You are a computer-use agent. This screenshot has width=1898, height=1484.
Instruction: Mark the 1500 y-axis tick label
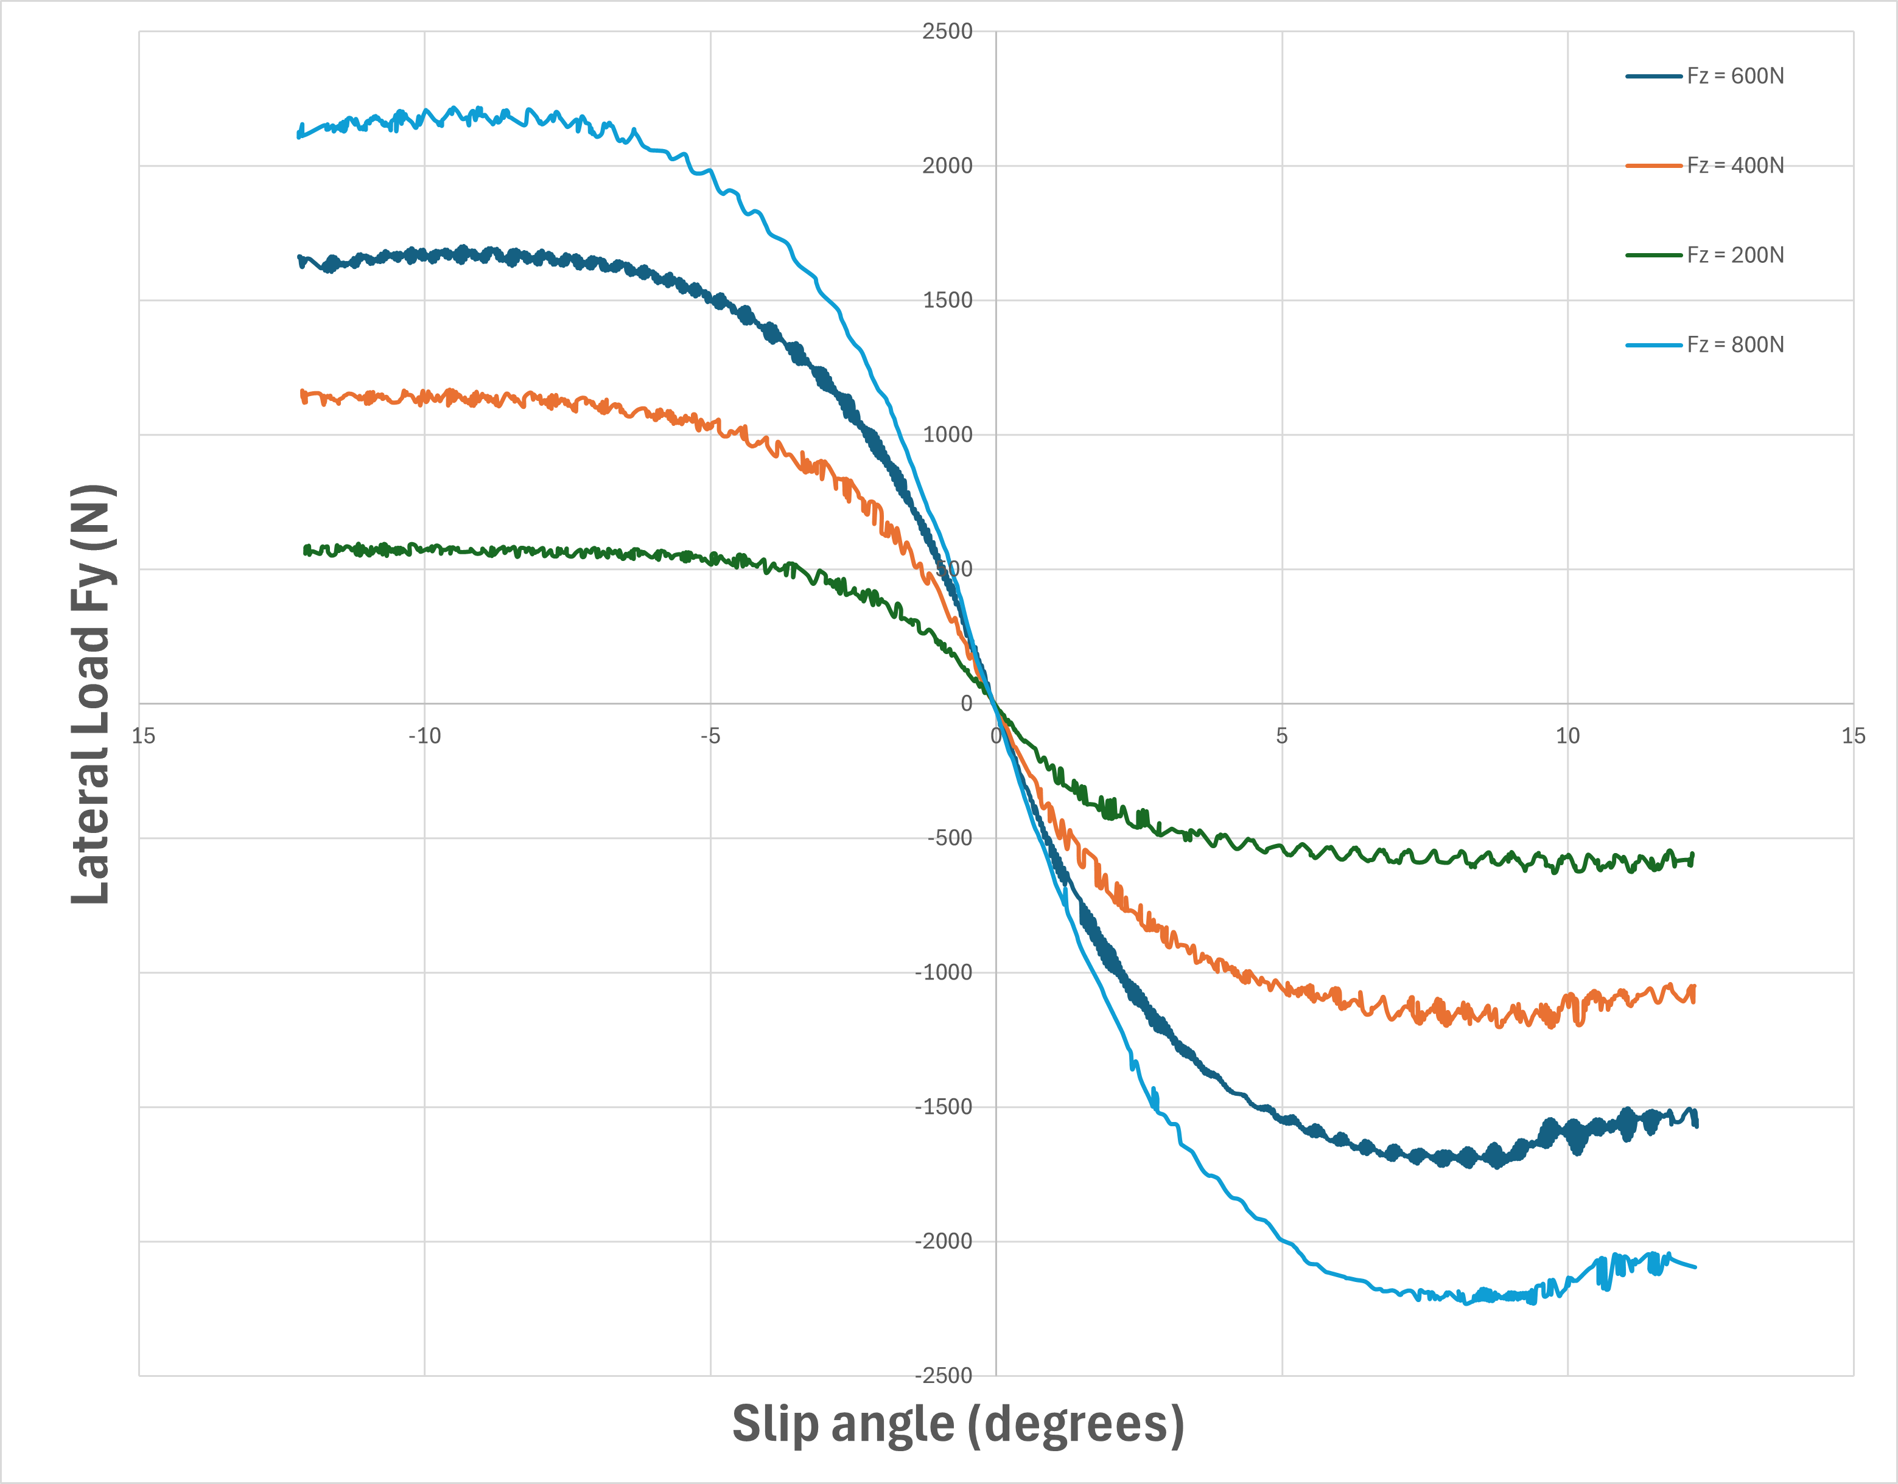(x=947, y=301)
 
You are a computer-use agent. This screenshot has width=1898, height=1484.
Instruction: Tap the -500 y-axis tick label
(x=949, y=838)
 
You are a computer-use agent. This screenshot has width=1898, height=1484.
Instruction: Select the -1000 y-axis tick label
(x=944, y=973)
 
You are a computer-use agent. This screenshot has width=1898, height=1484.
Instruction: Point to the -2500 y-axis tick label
(x=944, y=1376)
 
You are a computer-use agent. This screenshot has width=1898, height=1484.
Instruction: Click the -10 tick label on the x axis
(x=424, y=737)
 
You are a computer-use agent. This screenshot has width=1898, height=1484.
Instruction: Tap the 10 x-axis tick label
(x=1567, y=737)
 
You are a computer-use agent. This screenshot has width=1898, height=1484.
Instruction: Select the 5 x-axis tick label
(x=1282, y=737)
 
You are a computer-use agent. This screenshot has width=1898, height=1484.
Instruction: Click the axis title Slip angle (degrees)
(x=958, y=1425)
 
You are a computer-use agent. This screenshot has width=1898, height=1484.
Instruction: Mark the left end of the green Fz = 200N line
(x=305, y=550)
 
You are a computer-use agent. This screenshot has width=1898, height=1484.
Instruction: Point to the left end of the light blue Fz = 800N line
(x=299, y=134)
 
